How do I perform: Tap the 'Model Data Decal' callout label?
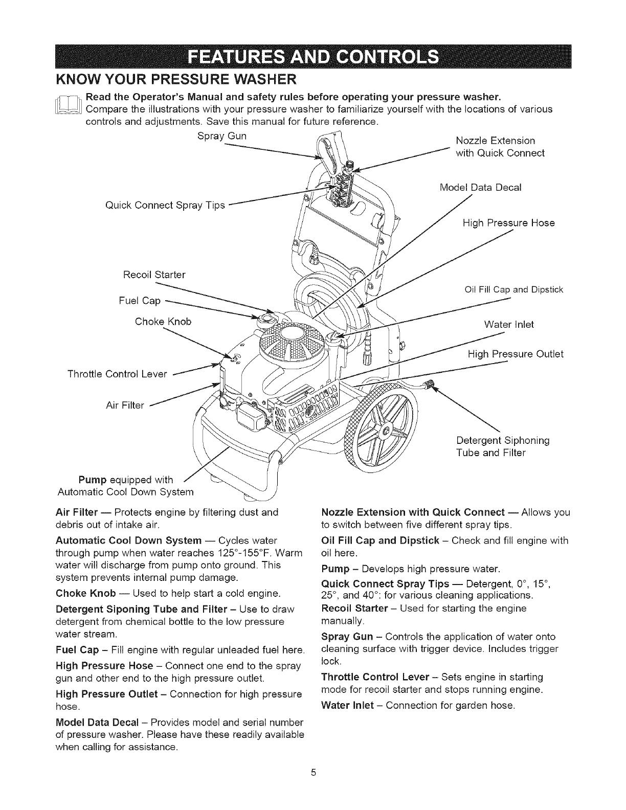point(480,187)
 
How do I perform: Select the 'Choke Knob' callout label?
point(163,321)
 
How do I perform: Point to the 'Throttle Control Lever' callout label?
point(118,374)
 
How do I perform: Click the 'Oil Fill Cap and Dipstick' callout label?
point(513,290)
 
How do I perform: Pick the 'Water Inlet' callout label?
point(508,324)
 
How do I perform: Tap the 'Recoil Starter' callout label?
point(154,275)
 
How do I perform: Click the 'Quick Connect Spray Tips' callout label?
point(165,205)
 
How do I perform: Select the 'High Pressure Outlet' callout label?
point(516,354)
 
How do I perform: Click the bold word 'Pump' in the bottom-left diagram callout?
point(92,480)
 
